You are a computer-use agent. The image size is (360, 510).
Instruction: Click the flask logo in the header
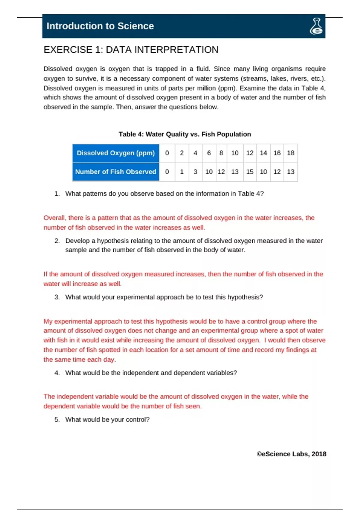(316, 26)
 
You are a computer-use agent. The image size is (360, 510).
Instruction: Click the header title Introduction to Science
(100, 26)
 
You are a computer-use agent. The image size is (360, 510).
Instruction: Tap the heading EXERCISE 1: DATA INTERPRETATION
(131, 49)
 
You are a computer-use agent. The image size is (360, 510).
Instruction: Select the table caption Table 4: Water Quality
(184, 134)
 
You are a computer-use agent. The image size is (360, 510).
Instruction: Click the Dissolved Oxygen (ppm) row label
(116, 153)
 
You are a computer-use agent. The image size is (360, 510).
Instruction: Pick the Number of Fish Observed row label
(116, 172)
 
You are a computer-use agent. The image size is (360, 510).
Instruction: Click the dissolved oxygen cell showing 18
(290, 153)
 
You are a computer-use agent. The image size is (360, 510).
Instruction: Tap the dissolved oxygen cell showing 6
(209, 153)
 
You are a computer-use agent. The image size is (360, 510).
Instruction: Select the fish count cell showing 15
(250, 172)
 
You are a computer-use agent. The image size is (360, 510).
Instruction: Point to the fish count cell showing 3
(195, 172)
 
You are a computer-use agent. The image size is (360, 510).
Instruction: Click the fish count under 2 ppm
(181, 172)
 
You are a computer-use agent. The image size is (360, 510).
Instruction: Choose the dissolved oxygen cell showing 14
(263, 153)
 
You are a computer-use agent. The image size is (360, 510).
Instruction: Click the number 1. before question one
(57, 194)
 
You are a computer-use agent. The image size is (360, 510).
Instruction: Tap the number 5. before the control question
(57, 420)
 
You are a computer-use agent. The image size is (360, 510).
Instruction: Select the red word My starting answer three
(48, 321)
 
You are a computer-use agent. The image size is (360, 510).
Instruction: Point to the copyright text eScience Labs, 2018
(291, 454)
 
